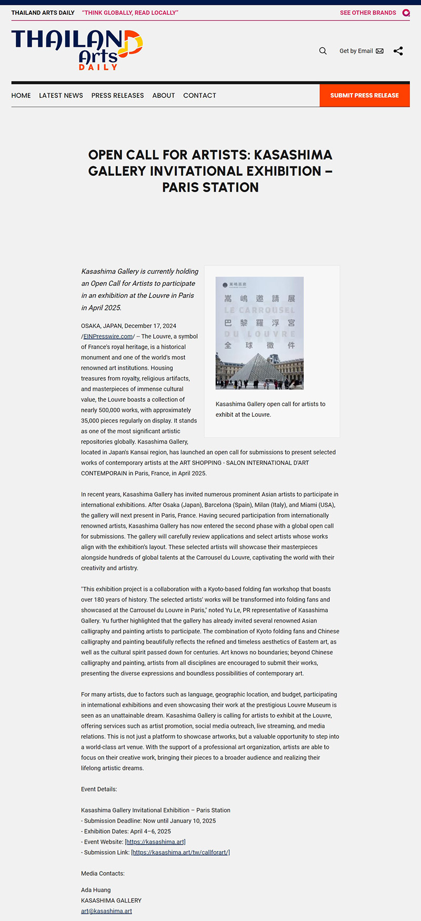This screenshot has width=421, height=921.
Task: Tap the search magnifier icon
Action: pyautogui.click(x=323, y=51)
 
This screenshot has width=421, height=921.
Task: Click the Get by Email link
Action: pyautogui.click(x=361, y=51)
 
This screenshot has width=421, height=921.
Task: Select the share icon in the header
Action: pyautogui.click(x=398, y=51)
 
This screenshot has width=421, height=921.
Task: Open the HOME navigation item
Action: pyautogui.click(x=21, y=96)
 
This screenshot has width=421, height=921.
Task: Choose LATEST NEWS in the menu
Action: pyautogui.click(x=61, y=96)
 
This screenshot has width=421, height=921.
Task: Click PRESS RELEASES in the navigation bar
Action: pyautogui.click(x=117, y=96)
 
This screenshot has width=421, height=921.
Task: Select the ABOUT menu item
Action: pyautogui.click(x=164, y=96)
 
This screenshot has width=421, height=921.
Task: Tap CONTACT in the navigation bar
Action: pyautogui.click(x=199, y=96)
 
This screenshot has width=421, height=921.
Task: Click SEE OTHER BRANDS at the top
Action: pyautogui.click(x=368, y=13)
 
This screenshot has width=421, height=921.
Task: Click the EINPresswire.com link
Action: pyautogui.click(x=108, y=337)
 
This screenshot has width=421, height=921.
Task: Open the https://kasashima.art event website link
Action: pyautogui.click(x=155, y=842)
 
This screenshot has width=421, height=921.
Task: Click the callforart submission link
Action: pyautogui.click(x=181, y=853)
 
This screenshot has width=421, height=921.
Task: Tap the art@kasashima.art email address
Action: pyautogui.click(x=106, y=911)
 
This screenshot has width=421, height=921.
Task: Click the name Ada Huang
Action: pyautogui.click(x=96, y=890)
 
